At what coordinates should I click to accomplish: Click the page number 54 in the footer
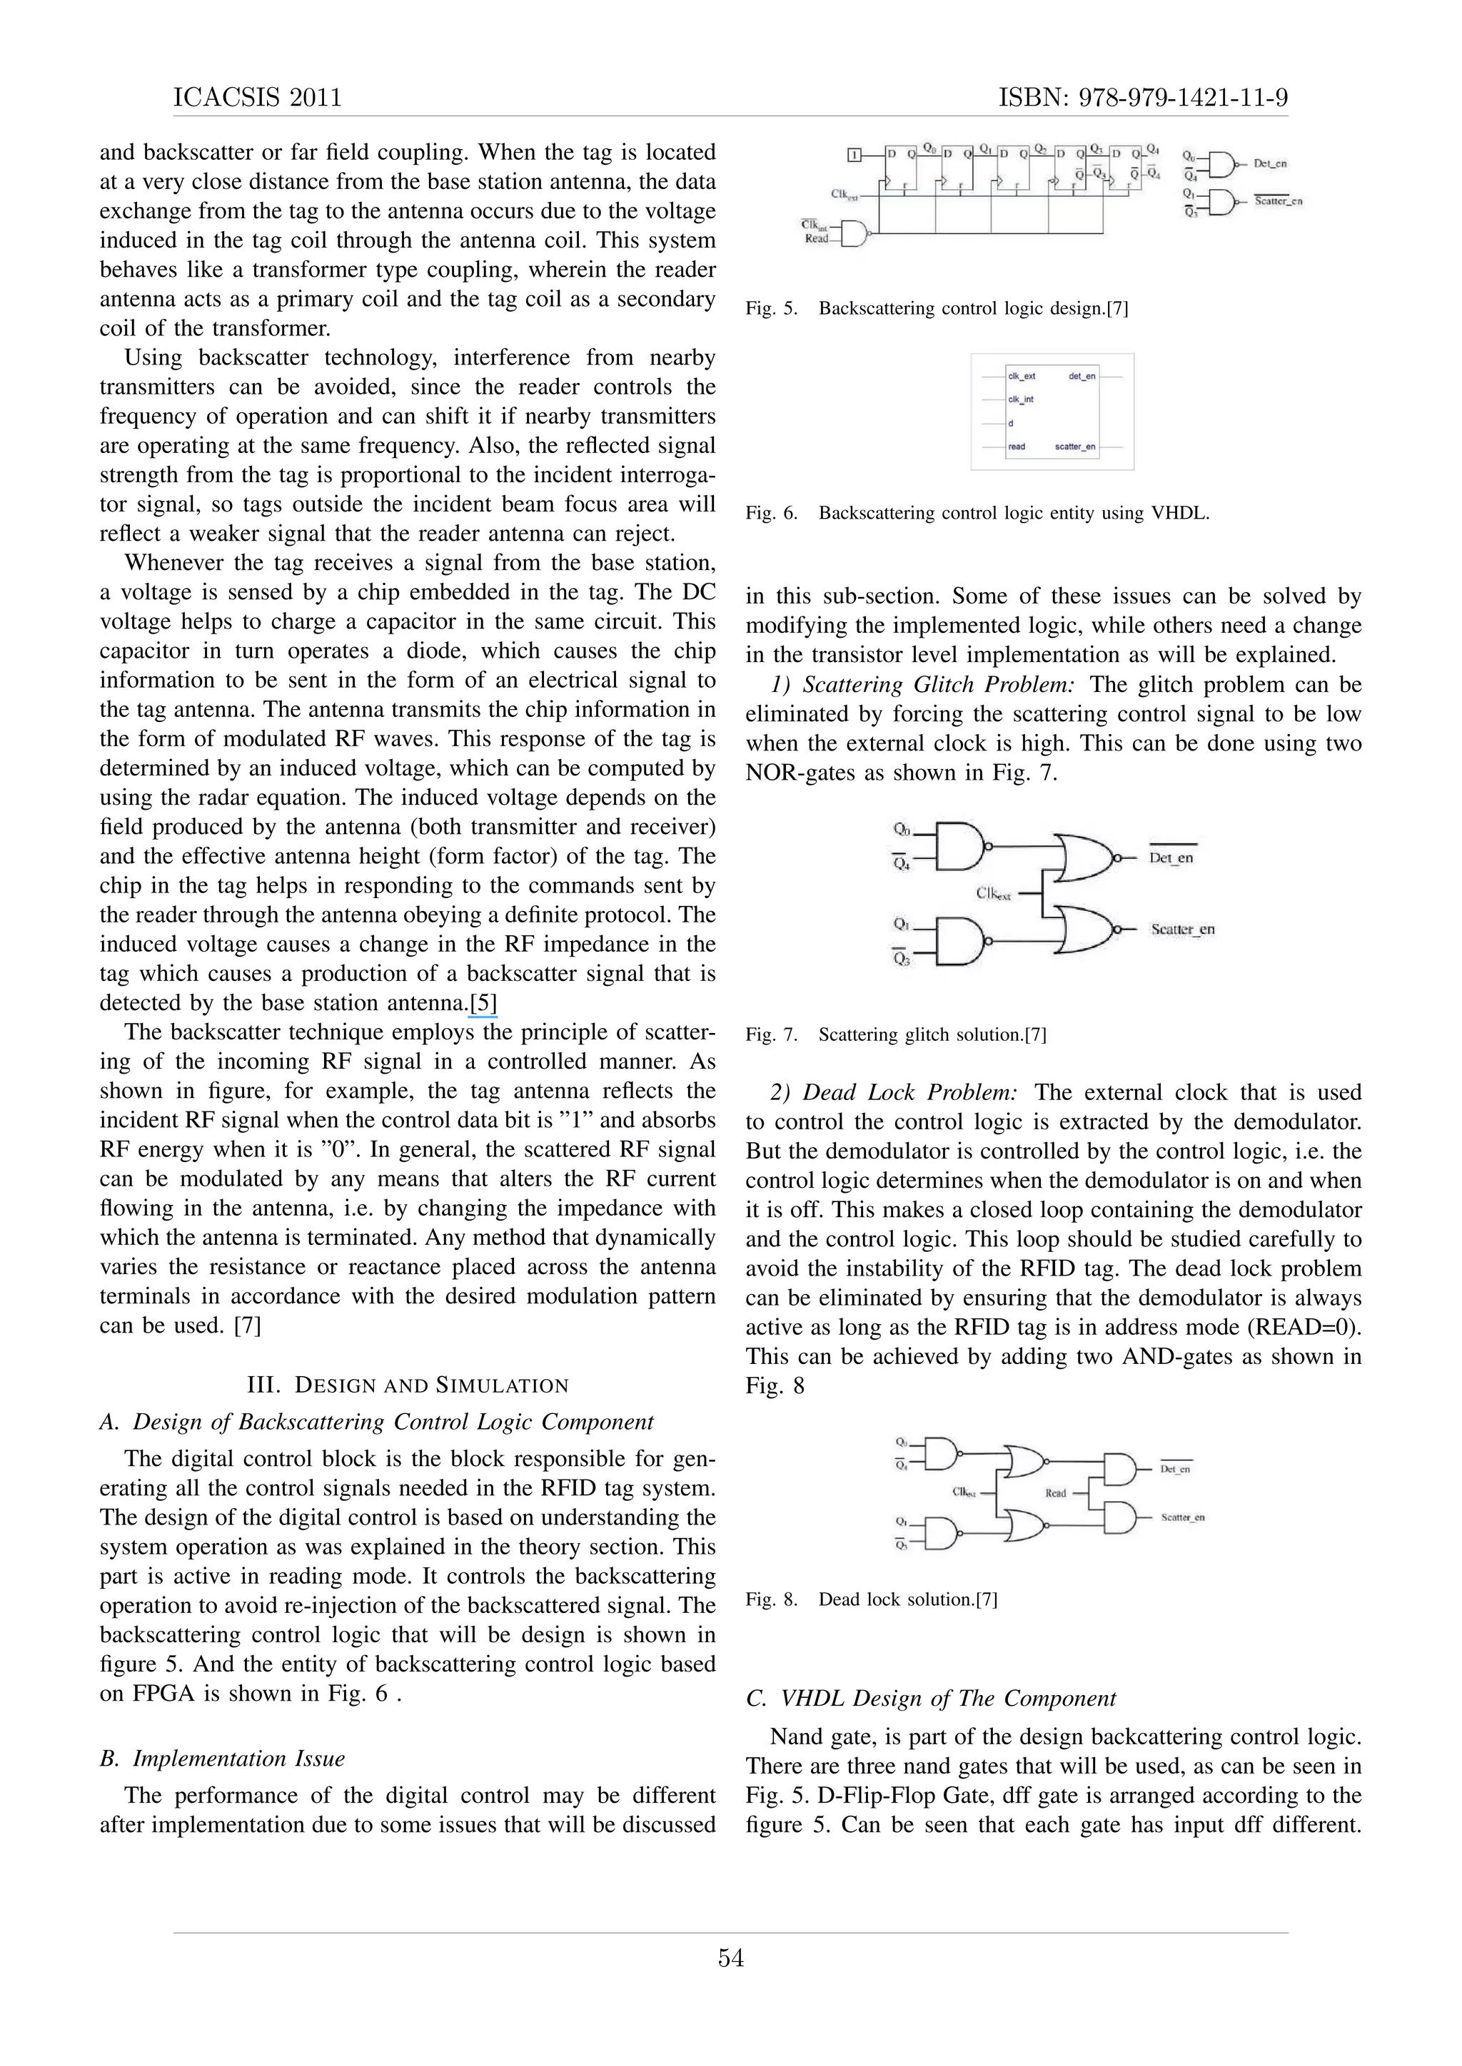coord(730,1958)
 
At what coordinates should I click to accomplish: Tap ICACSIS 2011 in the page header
coord(258,97)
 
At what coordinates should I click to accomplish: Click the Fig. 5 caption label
coord(772,309)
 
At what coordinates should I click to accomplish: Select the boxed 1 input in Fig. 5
coord(855,156)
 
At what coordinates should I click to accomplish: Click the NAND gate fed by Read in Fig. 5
coord(855,233)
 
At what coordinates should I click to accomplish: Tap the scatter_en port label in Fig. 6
coord(1075,447)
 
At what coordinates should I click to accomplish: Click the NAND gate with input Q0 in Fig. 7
coord(959,846)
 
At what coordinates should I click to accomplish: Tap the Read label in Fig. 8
coord(1055,1493)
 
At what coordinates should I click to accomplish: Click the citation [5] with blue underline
coord(483,1002)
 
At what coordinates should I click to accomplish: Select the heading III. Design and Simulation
coord(407,1385)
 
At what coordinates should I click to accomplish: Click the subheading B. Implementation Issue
coord(222,1759)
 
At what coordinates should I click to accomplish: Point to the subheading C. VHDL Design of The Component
coord(931,1698)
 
